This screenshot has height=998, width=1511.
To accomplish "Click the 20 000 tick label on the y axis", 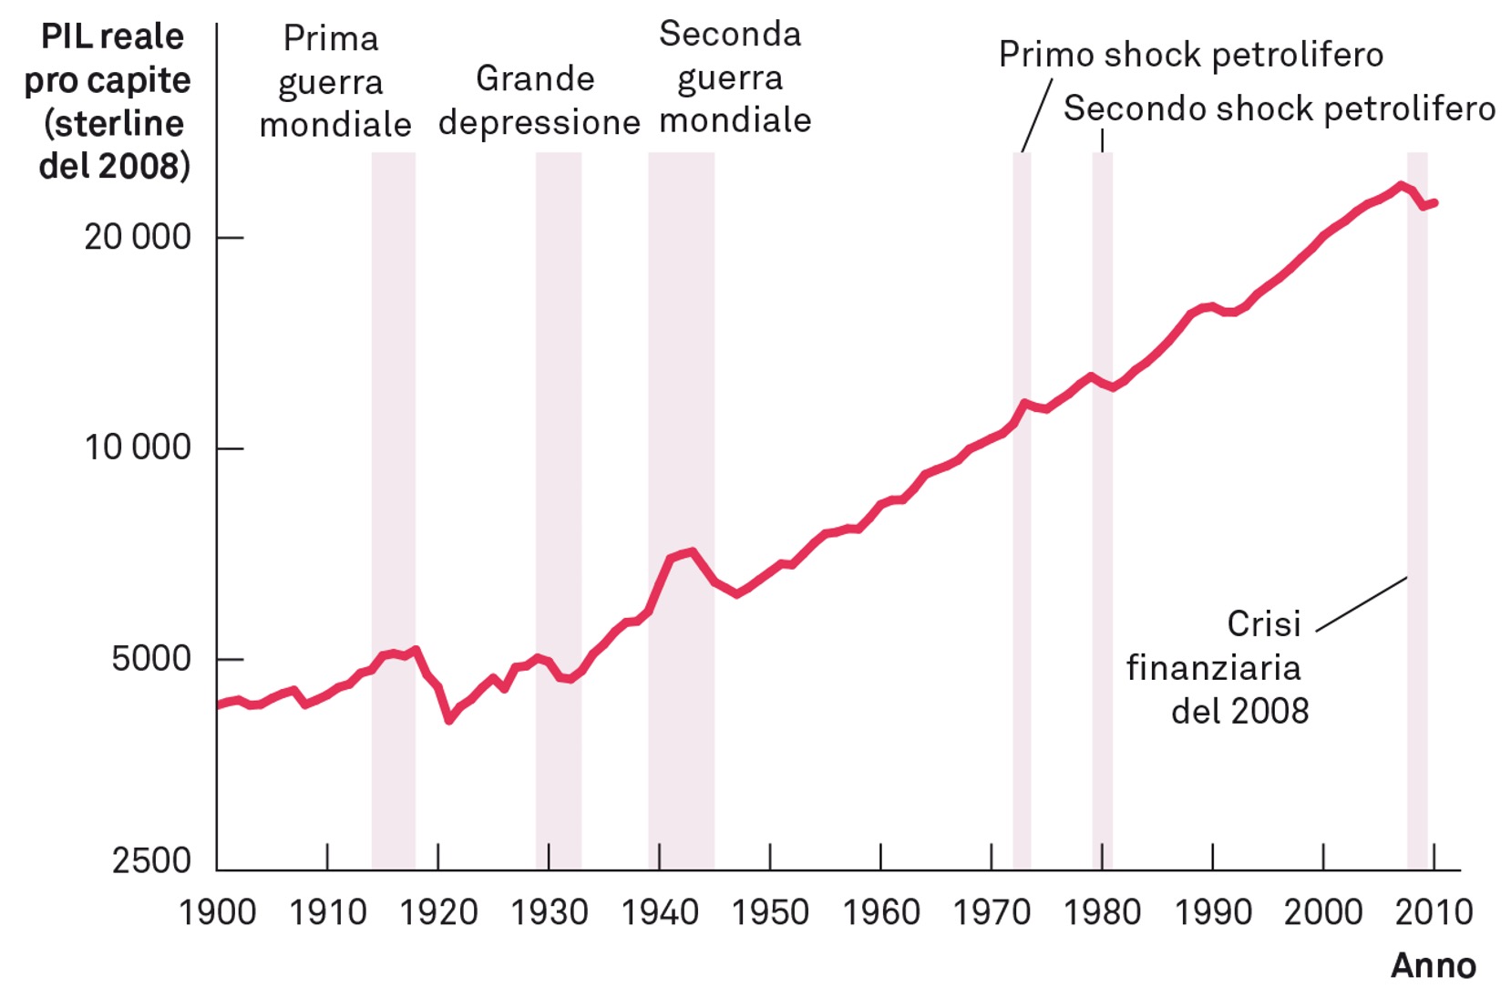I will pos(138,237).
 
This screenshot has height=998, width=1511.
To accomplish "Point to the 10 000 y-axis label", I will pos(138,448).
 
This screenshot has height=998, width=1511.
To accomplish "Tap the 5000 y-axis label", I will pos(151,658).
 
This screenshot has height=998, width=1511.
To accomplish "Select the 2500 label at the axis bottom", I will pos(151,860).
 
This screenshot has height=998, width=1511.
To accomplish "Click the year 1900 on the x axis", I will pos(217,912).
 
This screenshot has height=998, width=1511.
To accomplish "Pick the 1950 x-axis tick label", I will pos(770,912).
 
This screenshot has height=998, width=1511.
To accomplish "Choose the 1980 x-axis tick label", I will pos(1102,912).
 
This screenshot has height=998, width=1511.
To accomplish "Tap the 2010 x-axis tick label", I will pos(1434,912).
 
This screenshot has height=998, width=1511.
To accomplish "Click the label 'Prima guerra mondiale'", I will pos(334,81).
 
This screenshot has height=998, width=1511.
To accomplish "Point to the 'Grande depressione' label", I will pos(538,100).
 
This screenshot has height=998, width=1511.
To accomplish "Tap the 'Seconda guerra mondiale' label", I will pos(733,77).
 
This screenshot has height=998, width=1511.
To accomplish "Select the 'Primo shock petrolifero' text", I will pos(1190,55).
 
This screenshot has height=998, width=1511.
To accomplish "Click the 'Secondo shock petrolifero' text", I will pos(1279,108).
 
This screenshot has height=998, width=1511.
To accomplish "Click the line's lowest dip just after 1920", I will pos(449,720).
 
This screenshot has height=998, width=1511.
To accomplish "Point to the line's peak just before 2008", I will pos(1400,186).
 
